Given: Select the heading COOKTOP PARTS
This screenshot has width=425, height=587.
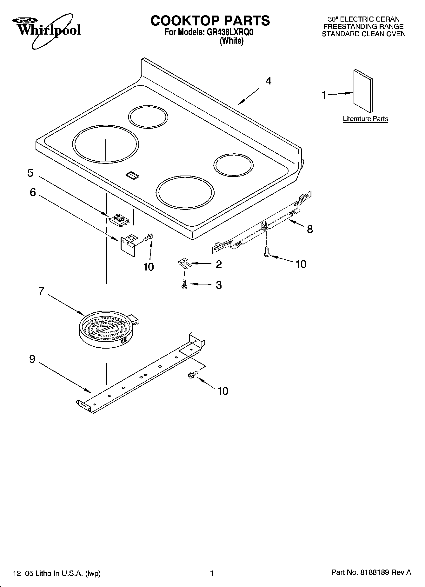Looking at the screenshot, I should [x=210, y=21].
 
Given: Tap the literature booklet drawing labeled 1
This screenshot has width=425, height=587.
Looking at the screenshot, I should [x=363, y=91].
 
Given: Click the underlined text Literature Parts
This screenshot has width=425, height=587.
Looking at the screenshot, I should [x=365, y=119].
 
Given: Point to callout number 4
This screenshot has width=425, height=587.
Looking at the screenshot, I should [x=269, y=81].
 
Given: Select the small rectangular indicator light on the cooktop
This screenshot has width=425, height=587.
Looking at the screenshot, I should [x=132, y=175].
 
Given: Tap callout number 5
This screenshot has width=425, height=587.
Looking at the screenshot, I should [x=30, y=173].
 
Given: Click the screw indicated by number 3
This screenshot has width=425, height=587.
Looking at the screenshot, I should [x=184, y=284].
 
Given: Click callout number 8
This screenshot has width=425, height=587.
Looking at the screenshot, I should [x=310, y=229].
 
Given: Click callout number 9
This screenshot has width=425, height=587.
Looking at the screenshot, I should [x=32, y=359].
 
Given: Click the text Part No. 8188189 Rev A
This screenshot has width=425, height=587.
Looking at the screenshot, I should [x=371, y=572].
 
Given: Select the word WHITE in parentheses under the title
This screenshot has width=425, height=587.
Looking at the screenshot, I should [x=231, y=41].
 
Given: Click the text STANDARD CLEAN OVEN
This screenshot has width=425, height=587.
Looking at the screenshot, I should [x=363, y=34].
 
